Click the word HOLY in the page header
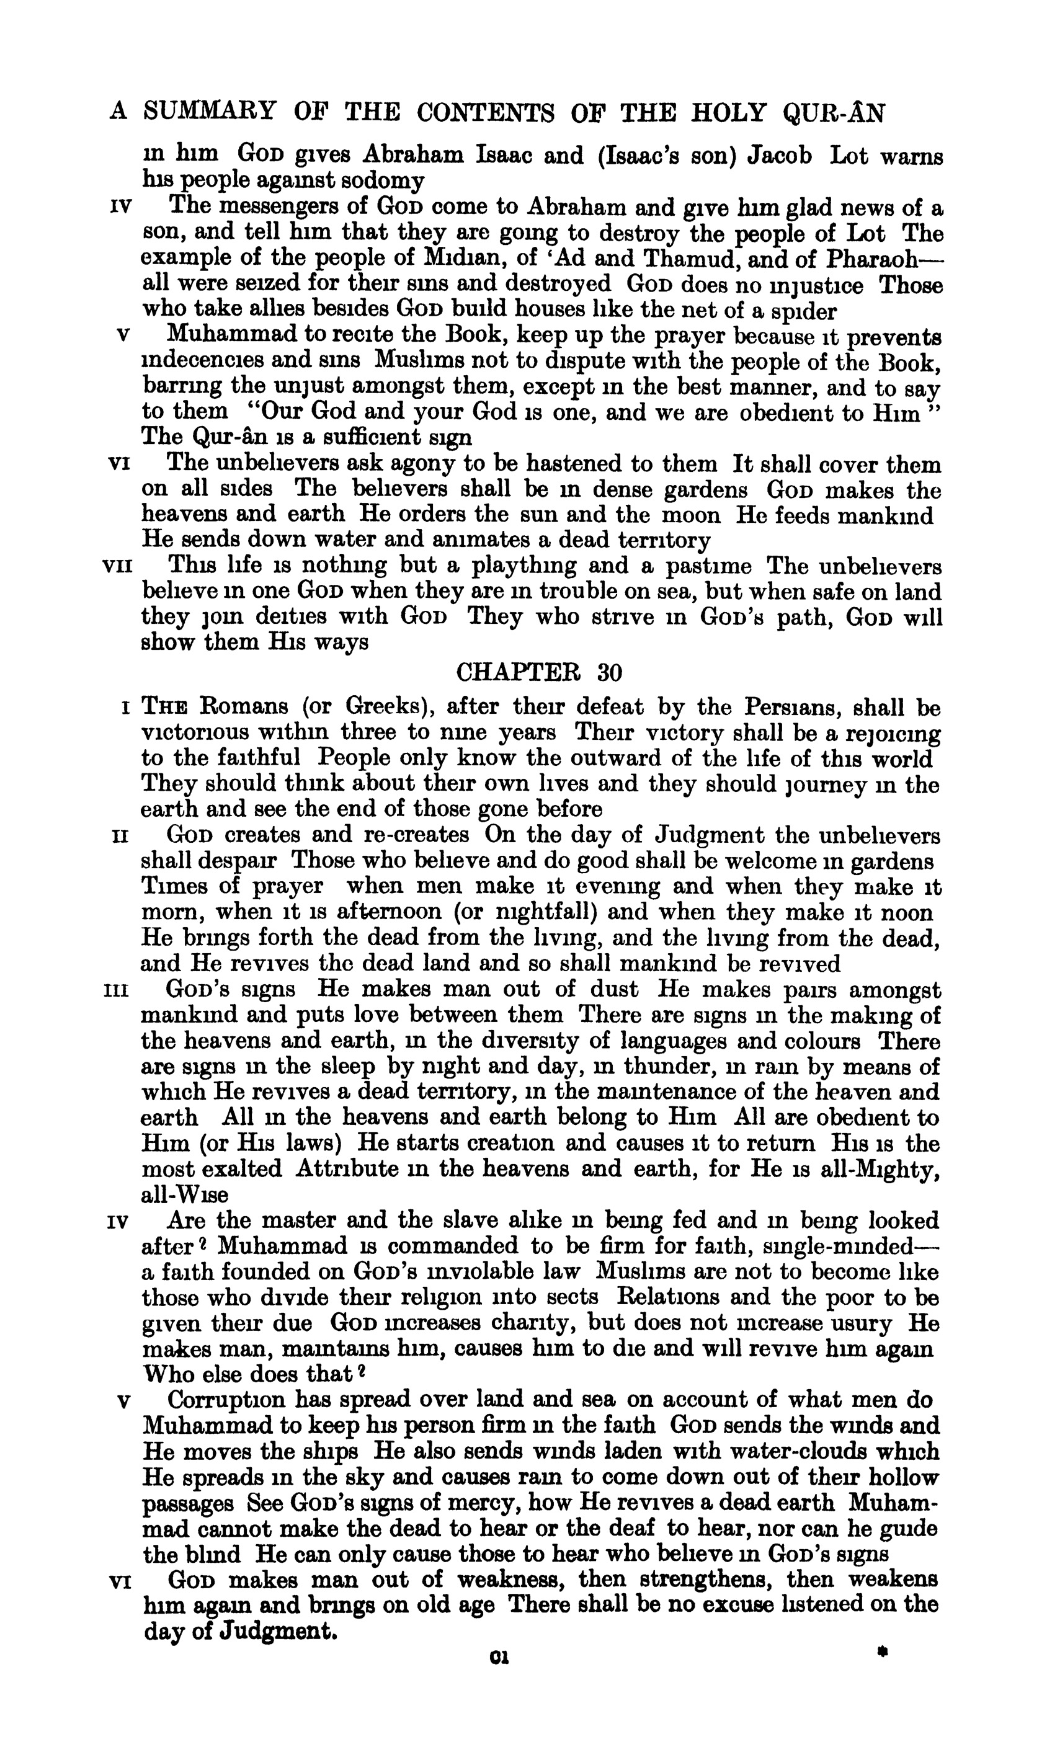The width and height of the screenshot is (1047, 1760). (x=734, y=112)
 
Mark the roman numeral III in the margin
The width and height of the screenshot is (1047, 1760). (x=115, y=990)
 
